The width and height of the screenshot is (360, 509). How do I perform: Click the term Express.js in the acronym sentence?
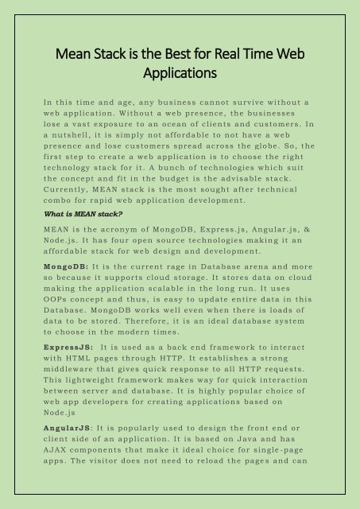click(238, 206)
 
